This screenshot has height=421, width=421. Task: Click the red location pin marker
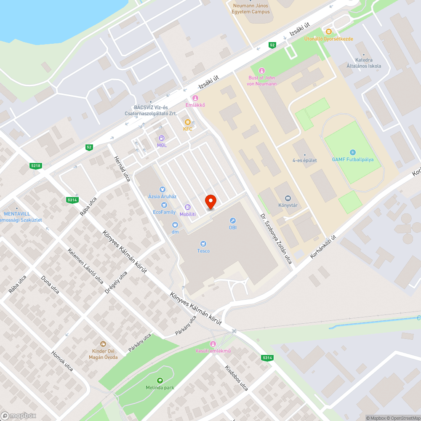210,202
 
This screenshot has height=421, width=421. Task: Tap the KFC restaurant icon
187,122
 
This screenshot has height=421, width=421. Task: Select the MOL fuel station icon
162,138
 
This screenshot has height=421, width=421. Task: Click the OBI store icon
232,220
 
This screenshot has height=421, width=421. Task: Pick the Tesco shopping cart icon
203,244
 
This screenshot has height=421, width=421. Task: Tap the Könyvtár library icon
288,198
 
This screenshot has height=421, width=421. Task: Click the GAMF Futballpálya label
353,160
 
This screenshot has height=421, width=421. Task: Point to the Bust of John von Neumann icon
262,70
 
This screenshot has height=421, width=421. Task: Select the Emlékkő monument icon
195,98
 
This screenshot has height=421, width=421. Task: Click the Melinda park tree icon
160,380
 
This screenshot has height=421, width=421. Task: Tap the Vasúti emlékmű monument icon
213,344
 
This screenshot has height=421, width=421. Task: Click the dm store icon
175,224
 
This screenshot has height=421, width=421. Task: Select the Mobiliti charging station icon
188,207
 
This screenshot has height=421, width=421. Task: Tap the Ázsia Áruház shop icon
162,189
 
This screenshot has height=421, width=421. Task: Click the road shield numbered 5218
36,166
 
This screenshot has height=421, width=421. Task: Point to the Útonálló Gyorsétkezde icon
328,32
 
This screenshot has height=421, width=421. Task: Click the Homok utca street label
62,361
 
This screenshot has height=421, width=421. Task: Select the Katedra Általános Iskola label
364,63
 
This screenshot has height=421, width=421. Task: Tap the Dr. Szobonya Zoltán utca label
276,238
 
